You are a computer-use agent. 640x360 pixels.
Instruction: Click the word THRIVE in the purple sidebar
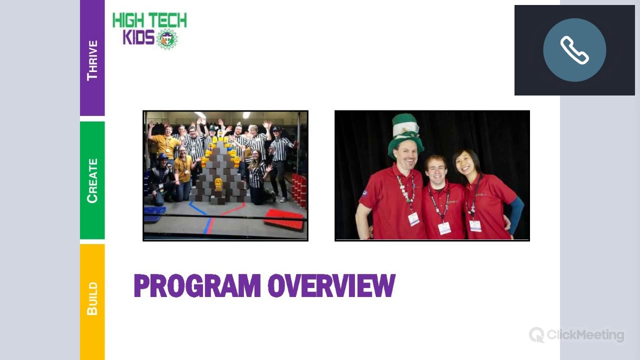pos(92,60)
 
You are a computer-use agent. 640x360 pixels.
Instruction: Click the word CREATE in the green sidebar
pos(92,180)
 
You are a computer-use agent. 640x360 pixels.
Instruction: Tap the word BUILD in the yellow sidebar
pos(92,298)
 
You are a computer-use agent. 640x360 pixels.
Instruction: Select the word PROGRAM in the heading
pos(197,286)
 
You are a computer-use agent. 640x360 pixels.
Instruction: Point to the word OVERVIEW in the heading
pos(331,286)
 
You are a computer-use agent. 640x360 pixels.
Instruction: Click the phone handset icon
pos(574,50)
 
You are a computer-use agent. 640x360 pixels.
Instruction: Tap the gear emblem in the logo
pos(167,39)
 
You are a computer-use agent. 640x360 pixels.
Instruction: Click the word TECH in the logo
pos(165,20)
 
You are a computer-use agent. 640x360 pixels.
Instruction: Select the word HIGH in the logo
pos(128,20)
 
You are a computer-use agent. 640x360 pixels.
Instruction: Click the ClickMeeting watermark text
pos(585,335)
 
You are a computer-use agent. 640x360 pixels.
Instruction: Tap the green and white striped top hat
pos(405,131)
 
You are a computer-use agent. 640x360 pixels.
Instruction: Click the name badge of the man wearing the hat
pos(413,218)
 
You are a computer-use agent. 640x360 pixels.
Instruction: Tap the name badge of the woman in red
pos(475,225)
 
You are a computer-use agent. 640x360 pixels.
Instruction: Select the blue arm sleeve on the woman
pos(516,215)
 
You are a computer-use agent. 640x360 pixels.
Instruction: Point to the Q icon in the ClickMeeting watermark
pos(536,334)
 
